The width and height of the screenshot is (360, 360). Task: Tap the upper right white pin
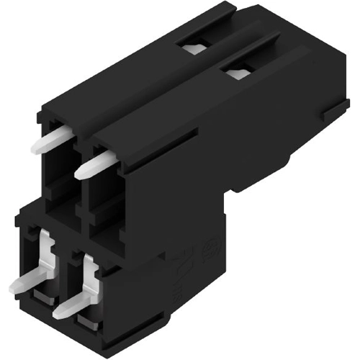tap(92, 164)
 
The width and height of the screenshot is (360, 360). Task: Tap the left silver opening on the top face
tap(191, 49)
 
